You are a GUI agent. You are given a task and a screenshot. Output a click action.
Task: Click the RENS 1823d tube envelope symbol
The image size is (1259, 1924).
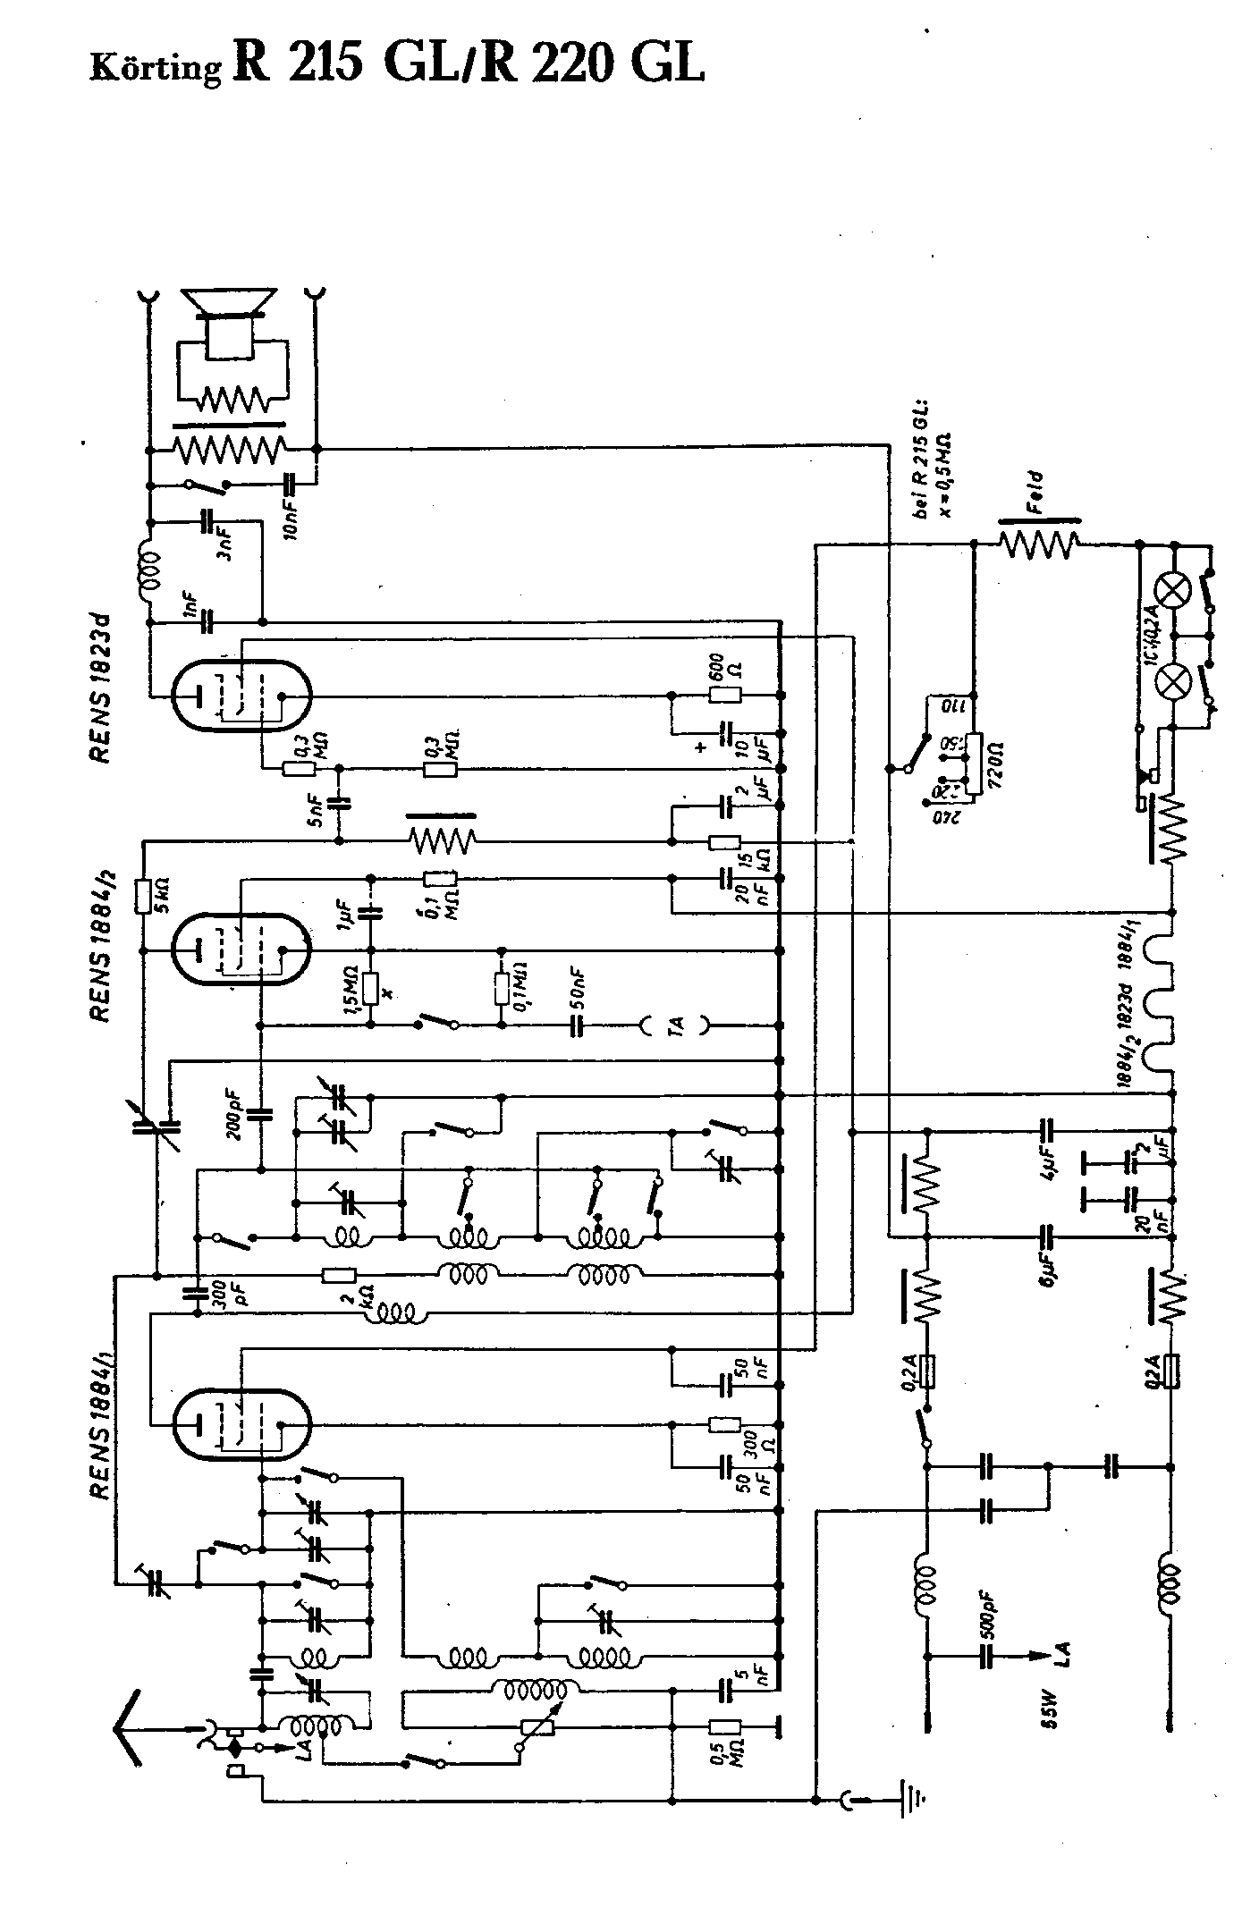point(241,697)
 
